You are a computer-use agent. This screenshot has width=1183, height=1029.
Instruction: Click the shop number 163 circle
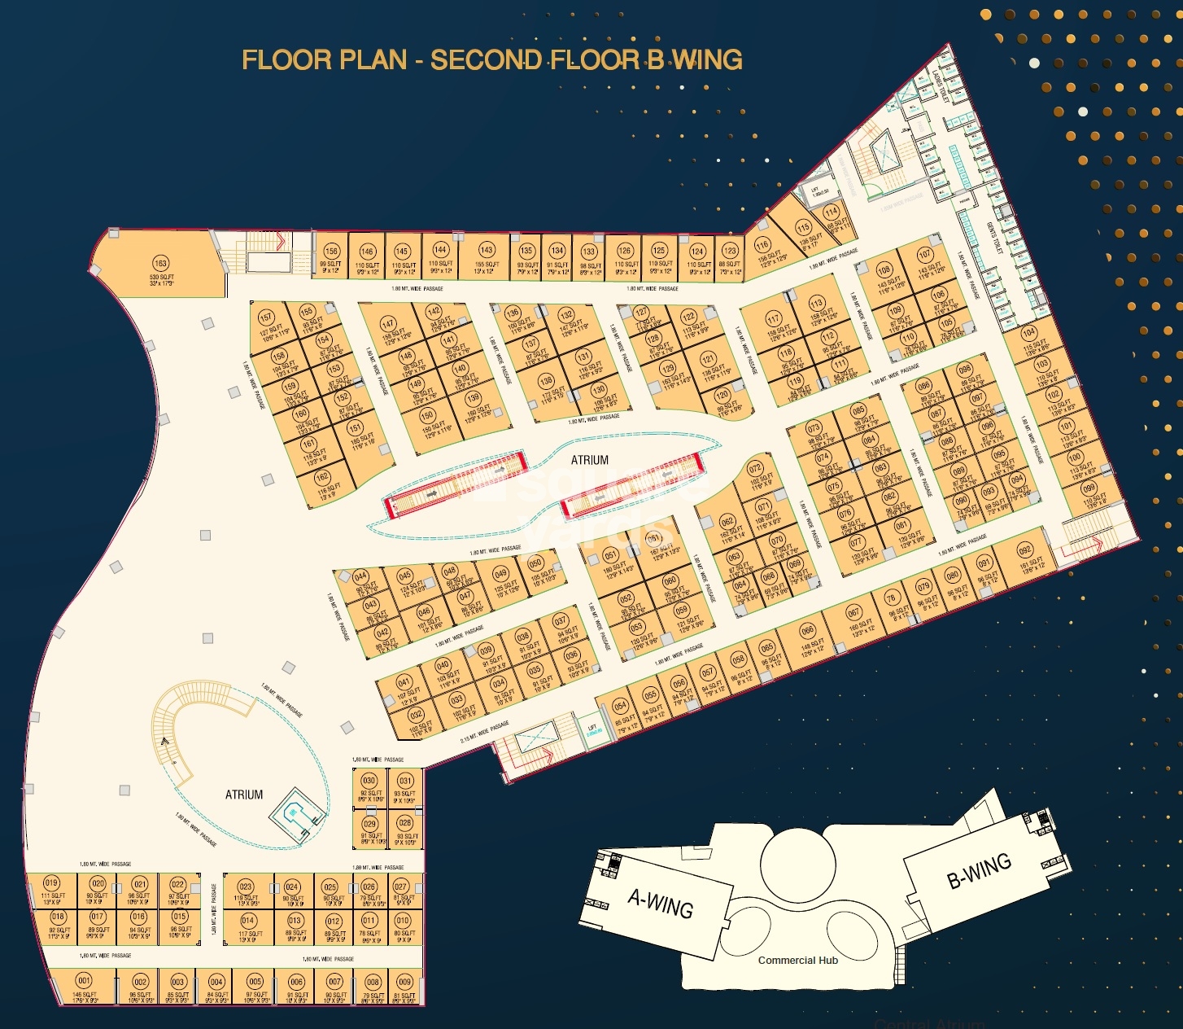point(160,263)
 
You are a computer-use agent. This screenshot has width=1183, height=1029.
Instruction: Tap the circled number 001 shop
point(84,980)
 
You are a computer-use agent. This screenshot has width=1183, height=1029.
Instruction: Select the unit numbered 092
point(1025,550)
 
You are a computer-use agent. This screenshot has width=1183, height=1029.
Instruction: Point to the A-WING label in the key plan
point(660,903)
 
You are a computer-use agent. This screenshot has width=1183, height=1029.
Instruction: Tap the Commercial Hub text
point(797,961)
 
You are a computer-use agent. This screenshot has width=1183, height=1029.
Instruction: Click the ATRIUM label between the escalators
point(589,460)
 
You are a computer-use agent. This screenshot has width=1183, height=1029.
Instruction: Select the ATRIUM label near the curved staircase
point(244,795)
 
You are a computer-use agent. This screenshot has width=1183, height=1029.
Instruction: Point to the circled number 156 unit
point(330,251)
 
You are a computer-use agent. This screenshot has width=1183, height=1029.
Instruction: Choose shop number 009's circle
point(404,981)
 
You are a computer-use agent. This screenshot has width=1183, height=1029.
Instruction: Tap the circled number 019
point(51,883)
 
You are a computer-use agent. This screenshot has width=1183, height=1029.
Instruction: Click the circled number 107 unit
point(924,255)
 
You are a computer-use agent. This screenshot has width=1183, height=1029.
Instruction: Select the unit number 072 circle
point(755,468)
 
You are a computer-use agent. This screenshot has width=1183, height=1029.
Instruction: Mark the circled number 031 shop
point(405,781)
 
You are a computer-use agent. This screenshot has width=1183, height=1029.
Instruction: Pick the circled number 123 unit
point(730,251)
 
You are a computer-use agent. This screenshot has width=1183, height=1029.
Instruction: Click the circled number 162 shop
point(323,477)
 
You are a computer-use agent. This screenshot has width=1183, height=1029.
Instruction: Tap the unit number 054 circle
point(620,706)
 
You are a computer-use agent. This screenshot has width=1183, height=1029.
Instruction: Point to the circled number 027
point(400,886)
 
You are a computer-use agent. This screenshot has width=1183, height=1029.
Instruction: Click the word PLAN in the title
point(372,60)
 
